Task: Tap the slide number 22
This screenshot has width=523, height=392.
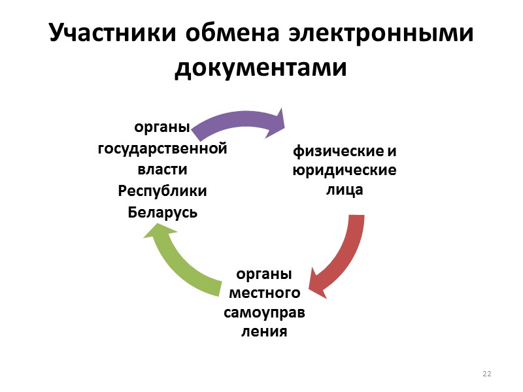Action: [486, 374]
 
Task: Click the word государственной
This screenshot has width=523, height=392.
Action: [162, 148]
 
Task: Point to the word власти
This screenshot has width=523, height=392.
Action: [162, 170]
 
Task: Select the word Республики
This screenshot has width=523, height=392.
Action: [162, 191]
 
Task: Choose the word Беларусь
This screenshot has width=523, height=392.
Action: [162, 212]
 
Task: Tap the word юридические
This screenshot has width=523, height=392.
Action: [345, 171]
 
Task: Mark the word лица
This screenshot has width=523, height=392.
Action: [345, 191]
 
